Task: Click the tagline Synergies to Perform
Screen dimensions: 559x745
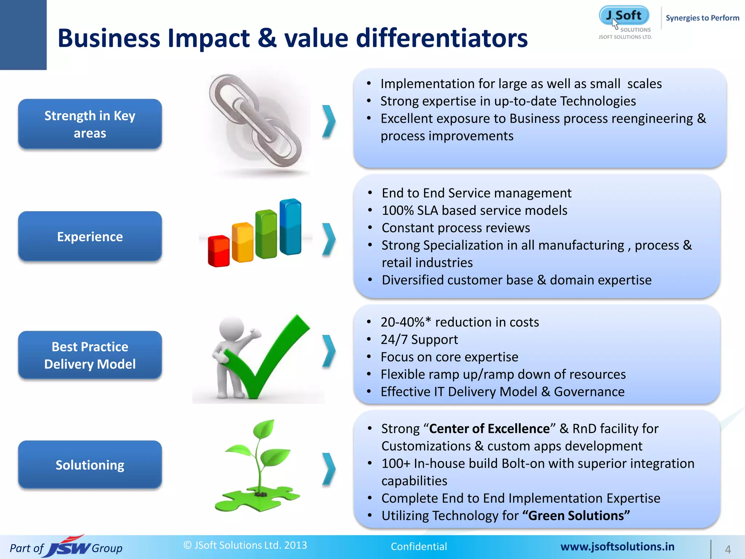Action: click(702, 18)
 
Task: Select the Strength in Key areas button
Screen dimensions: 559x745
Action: click(90, 124)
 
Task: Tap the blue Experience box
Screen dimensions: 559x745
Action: click(90, 237)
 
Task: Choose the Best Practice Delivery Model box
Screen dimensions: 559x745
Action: click(90, 355)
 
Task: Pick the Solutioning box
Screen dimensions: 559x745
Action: click(90, 465)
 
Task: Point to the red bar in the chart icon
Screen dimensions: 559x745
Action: click(218, 251)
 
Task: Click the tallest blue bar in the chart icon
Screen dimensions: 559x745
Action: click(290, 226)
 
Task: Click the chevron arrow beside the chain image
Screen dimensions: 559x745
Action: click(328, 121)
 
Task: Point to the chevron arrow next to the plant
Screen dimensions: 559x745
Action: click(328, 469)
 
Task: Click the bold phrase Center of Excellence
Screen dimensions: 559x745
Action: click(489, 429)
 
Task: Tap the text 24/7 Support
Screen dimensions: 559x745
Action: click(419, 340)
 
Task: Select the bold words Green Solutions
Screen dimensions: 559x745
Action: click(578, 516)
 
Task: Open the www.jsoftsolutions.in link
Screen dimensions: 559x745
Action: click(617, 547)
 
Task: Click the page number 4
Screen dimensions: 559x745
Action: click(728, 549)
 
